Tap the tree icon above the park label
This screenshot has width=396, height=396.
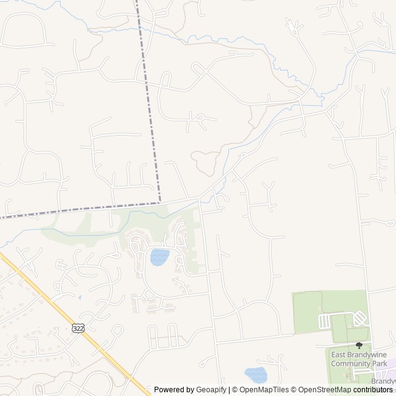359,345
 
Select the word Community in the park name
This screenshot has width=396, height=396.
351,363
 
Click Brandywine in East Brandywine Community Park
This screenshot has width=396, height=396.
368,355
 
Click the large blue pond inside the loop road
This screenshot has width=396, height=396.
160,257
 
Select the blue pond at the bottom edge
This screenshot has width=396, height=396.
255,375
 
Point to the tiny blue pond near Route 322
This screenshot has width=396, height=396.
79,298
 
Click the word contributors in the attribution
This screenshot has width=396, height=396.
374,390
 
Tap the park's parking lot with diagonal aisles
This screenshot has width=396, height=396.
360,319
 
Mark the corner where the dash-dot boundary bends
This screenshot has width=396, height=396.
160,202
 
